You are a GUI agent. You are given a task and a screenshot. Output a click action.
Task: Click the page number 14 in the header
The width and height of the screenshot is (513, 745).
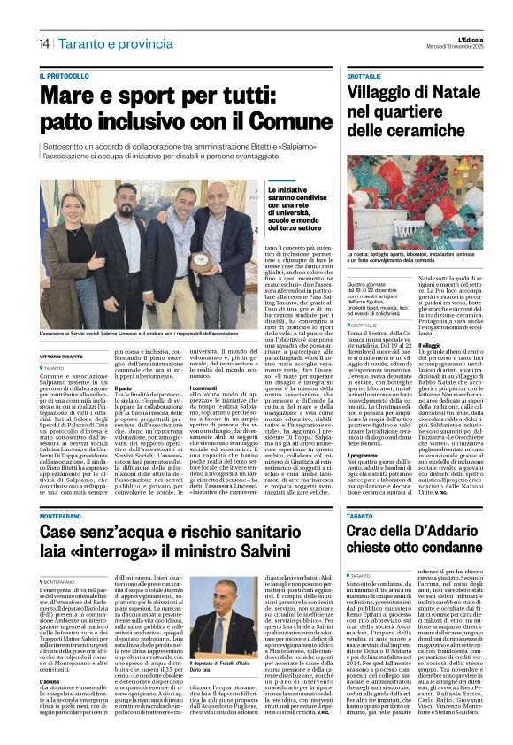coord(43,44)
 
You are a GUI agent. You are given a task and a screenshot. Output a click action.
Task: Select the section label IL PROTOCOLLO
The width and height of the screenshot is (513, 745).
coord(65,77)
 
